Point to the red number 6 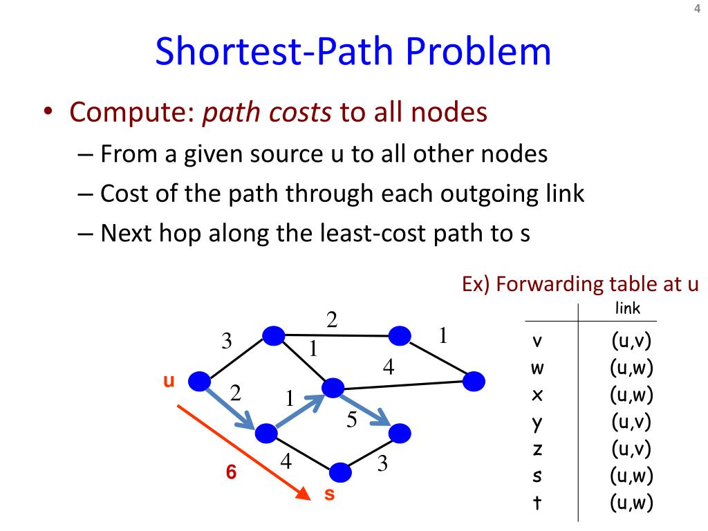(x=232, y=473)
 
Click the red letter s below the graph (x=330, y=494)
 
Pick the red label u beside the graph (x=167, y=380)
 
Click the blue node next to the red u (x=200, y=380)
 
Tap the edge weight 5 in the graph (x=351, y=420)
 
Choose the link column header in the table (x=627, y=308)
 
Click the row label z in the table (x=537, y=449)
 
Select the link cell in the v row (x=631, y=341)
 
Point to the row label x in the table (x=537, y=395)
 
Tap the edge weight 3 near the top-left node (x=227, y=341)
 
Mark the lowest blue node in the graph (x=340, y=472)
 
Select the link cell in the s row (x=631, y=476)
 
